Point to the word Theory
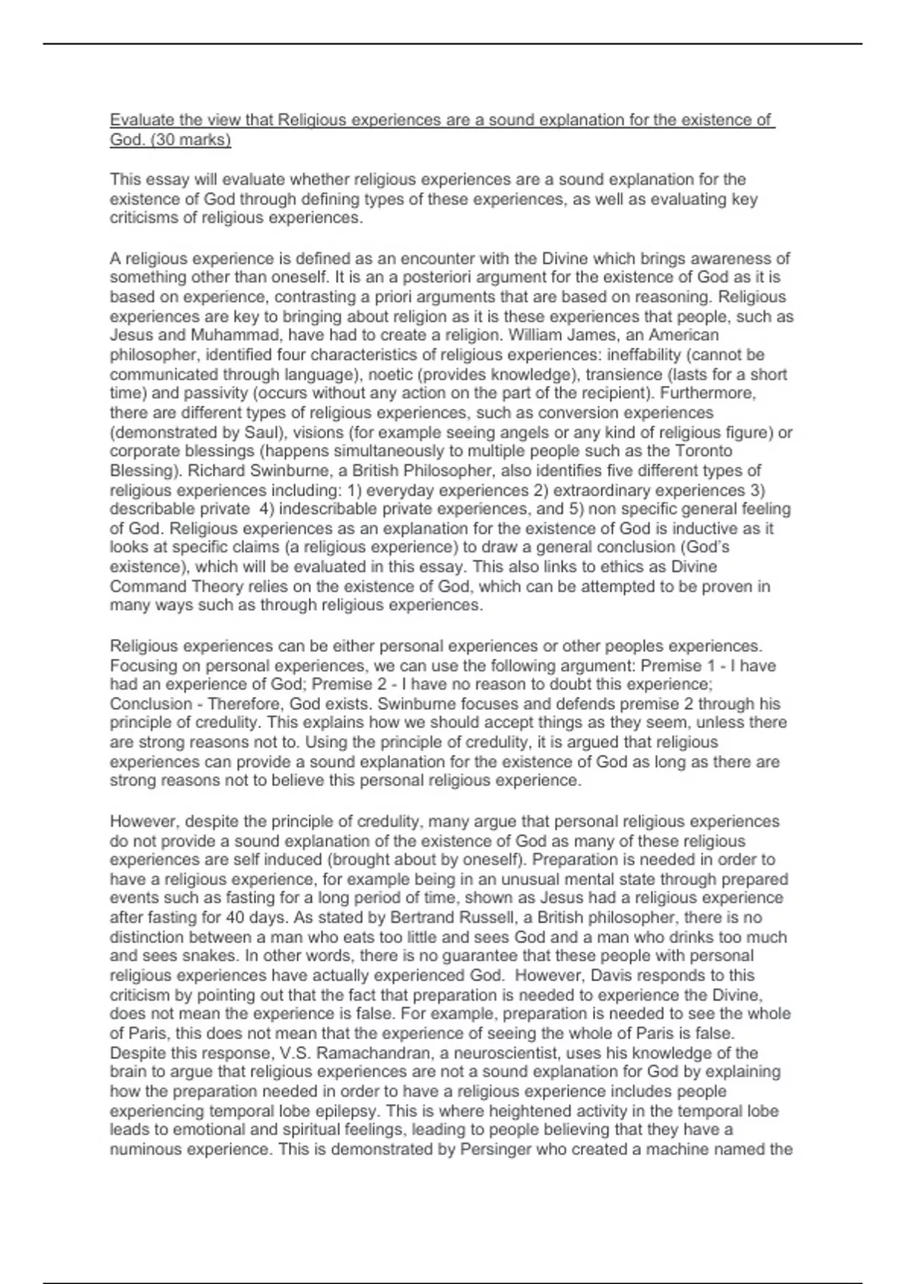[x=201, y=586]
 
